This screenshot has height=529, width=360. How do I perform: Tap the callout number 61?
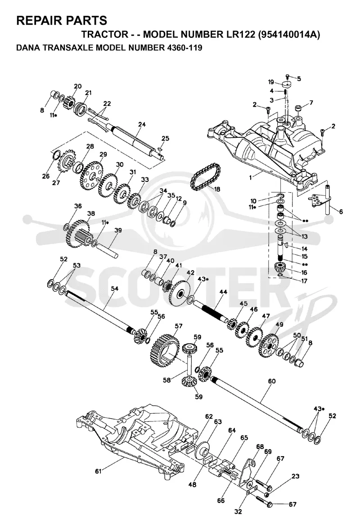98,471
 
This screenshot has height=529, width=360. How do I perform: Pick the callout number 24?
142,125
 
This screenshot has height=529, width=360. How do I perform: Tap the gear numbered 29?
90,176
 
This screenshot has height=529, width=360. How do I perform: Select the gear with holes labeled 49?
269,345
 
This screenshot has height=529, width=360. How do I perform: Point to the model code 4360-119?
184,48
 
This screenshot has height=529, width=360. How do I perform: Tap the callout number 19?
270,81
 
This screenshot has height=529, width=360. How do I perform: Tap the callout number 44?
223,292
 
